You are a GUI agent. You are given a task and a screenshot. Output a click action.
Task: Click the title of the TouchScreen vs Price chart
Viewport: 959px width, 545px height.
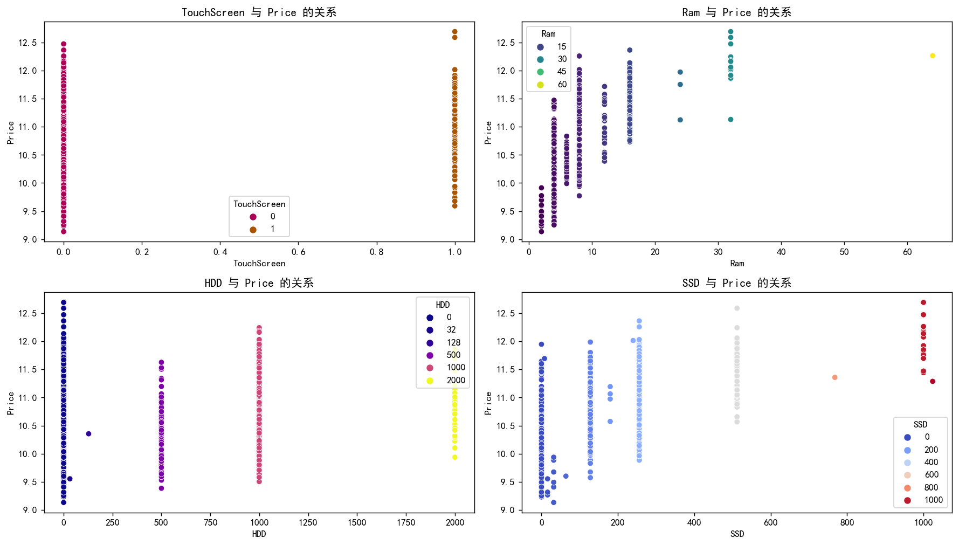tap(259, 12)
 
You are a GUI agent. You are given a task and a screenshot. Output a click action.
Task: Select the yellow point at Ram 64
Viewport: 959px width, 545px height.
tap(933, 56)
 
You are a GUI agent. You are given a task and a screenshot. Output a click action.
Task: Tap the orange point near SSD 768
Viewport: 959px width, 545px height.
tap(834, 377)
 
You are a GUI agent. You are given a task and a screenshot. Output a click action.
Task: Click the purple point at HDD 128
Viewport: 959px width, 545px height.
tap(88, 434)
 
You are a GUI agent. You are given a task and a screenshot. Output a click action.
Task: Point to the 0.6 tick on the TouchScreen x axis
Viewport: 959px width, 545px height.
tap(299, 252)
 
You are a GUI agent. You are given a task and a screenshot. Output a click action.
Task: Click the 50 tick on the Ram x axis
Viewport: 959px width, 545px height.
tap(844, 252)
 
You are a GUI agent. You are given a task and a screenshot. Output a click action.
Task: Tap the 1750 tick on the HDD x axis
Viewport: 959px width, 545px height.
tap(406, 522)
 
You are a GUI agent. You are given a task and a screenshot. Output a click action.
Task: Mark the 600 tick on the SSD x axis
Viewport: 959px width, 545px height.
tap(771, 522)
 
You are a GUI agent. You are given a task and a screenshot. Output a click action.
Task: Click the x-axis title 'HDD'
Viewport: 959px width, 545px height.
tap(259, 534)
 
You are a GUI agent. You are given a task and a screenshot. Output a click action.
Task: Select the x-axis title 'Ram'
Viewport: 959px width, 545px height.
tap(737, 264)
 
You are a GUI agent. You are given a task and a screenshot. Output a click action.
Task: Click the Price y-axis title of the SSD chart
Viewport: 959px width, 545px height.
tap(488, 403)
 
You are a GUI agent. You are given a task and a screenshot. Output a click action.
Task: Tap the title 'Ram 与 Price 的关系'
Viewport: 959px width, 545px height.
tap(736, 12)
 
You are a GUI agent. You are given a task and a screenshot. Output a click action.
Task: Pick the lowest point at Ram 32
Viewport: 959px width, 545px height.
tap(730, 120)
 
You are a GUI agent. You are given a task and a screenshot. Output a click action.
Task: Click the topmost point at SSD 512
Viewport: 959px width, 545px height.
tap(737, 308)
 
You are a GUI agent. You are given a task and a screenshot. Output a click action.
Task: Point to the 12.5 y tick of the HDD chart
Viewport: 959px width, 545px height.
tap(28, 314)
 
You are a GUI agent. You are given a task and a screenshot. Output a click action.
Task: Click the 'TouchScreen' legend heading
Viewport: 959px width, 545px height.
tap(259, 204)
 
